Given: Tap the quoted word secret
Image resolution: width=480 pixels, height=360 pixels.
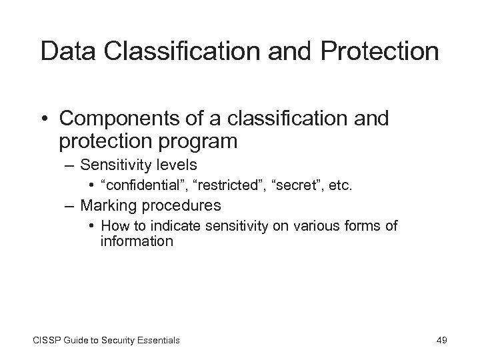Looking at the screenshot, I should coord(293,185).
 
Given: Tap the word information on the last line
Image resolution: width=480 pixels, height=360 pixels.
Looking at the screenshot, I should coord(137,241).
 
